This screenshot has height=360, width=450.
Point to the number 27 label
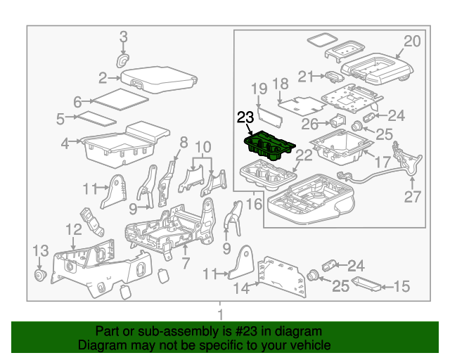pyautogui.click(x=412, y=196)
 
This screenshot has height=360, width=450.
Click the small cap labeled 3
pyautogui.click(x=124, y=60)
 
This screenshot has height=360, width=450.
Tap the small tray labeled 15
pyautogui.click(x=365, y=285)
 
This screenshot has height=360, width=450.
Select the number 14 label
pyautogui.click(x=241, y=287)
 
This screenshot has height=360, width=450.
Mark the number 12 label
pyautogui.click(x=73, y=230)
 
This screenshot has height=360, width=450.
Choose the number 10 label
pyautogui.click(x=203, y=147)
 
